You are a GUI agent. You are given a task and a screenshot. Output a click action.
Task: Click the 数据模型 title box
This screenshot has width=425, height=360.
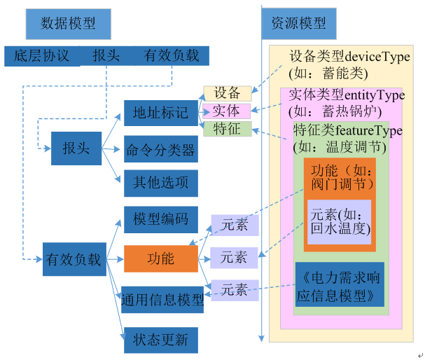coord(68,23)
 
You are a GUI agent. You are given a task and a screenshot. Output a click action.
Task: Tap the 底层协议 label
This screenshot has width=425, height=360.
coord(41,56)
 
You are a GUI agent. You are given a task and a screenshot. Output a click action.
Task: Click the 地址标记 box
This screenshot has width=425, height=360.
coord(160,113)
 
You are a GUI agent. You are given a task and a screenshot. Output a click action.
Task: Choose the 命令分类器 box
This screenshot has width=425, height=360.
coord(160,149)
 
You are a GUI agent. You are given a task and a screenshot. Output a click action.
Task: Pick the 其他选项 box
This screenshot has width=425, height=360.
coord(160,184)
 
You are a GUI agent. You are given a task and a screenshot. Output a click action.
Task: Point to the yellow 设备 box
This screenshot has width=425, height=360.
coord(227,93)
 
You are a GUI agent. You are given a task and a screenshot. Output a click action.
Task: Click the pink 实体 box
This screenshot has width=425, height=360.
coord(226,111)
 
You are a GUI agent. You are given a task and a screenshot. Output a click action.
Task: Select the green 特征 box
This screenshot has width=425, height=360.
coord(227,128)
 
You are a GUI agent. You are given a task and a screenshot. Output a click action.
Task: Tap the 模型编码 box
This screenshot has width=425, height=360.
coord(160,219)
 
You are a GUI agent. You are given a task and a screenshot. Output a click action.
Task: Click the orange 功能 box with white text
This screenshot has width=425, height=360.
coord(160,258)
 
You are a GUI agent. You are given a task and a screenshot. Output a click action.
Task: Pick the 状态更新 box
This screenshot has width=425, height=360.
coord(160,340)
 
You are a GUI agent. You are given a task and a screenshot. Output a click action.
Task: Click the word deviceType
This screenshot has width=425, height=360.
coord(379,57)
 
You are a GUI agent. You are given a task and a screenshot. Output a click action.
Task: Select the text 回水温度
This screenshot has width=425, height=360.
coord(339,228)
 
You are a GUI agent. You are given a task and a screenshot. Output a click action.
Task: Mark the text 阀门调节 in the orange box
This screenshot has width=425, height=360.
coord(338,185)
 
